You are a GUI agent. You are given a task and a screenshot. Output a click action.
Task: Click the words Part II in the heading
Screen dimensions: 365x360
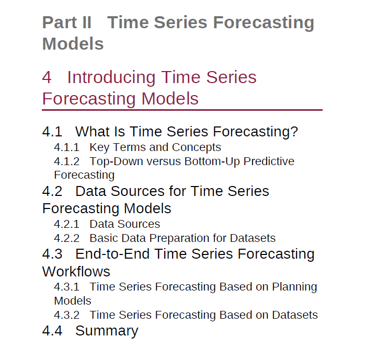pyautogui.click(x=67, y=22)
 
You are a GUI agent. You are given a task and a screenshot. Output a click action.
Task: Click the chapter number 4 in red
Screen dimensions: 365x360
pyautogui.click(x=47, y=77)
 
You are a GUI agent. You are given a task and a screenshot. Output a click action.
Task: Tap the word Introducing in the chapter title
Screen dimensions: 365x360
pyautogui.click(x=111, y=77)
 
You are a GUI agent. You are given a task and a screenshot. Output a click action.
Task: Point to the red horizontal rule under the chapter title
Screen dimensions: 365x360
pyautogui.click(x=182, y=110)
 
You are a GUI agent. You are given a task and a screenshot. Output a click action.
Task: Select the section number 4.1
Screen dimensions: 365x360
pyautogui.click(x=52, y=131)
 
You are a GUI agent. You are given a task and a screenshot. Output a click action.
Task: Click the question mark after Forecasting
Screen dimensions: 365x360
pyautogui.click(x=295, y=131)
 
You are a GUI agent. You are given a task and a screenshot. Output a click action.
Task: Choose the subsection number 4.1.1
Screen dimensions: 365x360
pyautogui.click(x=66, y=147)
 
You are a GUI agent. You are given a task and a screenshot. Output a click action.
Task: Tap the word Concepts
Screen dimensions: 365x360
pyautogui.click(x=197, y=147)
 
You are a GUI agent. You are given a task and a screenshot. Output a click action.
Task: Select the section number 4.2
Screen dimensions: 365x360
pyautogui.click(x=52, y=191)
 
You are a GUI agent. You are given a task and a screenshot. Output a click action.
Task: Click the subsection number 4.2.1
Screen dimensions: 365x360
pyautogui.click(x=66, y=224)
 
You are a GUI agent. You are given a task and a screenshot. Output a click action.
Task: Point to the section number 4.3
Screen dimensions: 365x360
pyautogui.click(x=52, y=254)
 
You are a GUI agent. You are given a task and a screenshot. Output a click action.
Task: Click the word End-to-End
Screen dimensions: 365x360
pyautogui.click(x=112, y=254)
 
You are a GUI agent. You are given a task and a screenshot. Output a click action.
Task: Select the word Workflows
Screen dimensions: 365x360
pyautogui.click(x=76, y=272)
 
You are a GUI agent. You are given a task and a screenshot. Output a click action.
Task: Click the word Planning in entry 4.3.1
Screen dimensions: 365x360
pyautogui.click(x=294, y=287)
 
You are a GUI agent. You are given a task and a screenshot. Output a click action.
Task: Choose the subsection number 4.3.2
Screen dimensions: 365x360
pyautogui.click(x=66, y=315)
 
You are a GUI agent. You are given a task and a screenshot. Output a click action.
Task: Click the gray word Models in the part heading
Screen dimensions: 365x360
pyautogui.click(x=73, y=44)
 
